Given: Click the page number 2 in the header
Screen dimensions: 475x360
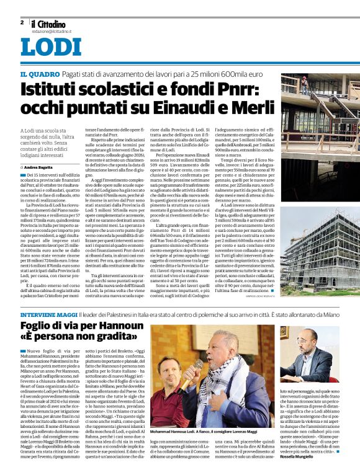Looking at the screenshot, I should click(22, 22).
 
